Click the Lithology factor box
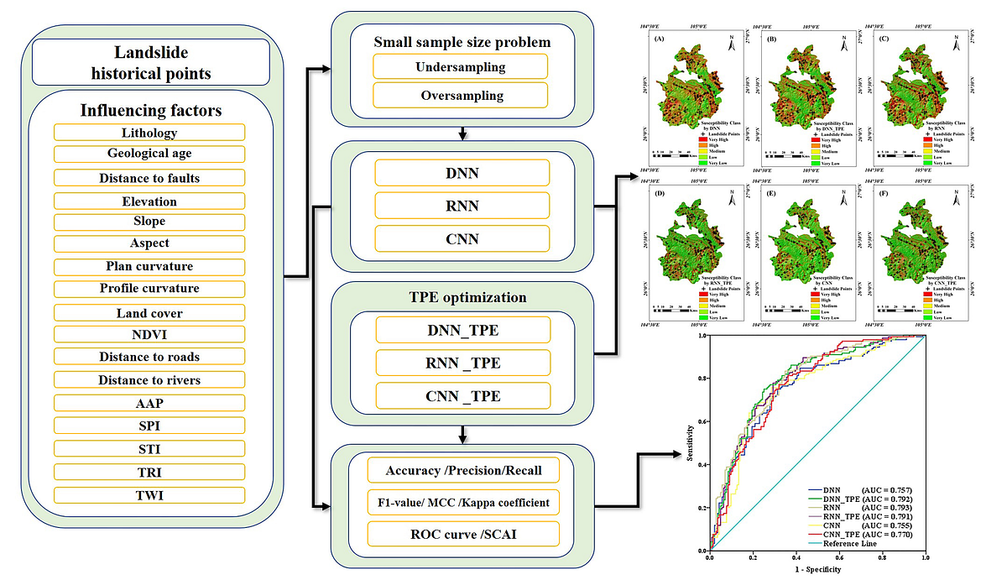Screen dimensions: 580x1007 pos(149,133)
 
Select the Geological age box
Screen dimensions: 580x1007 pos(149,154)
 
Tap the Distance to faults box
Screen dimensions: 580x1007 pos(149,178)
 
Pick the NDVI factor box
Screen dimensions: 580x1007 pos(149,334)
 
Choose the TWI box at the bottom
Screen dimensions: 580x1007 pos(149,495)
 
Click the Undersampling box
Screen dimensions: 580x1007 pos(462,66)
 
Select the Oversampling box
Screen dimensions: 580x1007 pos(462,95)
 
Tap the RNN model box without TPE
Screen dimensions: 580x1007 pos(462,206)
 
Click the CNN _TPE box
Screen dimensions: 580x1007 pos(462,395)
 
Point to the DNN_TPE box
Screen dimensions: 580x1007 pos(462,330)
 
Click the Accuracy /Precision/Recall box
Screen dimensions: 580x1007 pos(462,470)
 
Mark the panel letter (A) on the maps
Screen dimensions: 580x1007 pos(659,39)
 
